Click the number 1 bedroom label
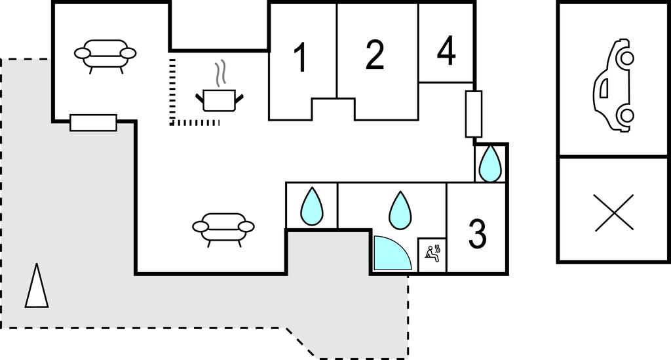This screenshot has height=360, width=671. tap(300, 58)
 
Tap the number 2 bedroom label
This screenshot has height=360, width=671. tap(374, 55)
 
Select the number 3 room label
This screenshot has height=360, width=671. tap(477, 233)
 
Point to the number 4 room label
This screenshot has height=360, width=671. tap(446, 51)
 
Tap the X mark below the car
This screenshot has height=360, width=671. tap(614, 212)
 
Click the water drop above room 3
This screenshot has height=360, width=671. tap(490, 164)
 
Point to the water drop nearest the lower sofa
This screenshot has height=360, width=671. tap(312, 206)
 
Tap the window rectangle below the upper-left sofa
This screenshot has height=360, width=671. tap(93, 123)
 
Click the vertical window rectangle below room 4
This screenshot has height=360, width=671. tap(474, 114)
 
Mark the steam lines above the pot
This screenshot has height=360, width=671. tap(222, 73)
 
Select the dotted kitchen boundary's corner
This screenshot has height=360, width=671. tap(172, 122)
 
